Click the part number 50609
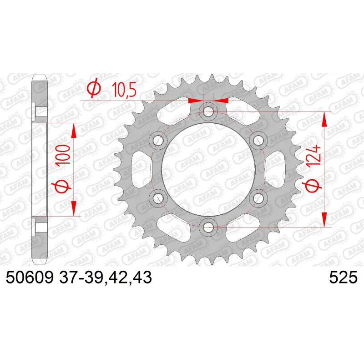pyautogui.click(x=30, y=277)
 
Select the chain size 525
pyautogui.click(x=343, y=277)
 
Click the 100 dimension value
pyautogui.click(x=63, y=154)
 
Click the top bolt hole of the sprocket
pyautogui.click(x=208, y=111)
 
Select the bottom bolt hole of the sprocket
pyautogui.click(x=208, y=227)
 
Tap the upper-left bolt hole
pyautogui.click(x=158, y=141)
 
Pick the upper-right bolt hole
pyautogui.click(x=258, y=141)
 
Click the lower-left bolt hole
pyautogui.click(x=158, y=198)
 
